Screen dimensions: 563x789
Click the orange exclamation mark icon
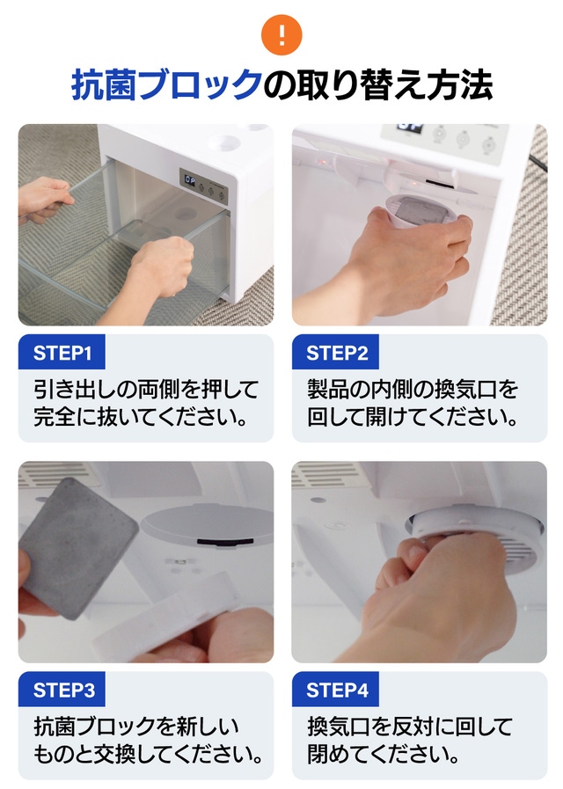(281, 34)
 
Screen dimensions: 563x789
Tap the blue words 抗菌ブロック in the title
(167, 85)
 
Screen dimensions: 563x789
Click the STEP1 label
(62, 353)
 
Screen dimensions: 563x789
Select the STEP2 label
(335, 353)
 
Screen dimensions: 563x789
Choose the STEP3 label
(62, 690)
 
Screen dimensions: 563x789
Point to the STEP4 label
(335, 690)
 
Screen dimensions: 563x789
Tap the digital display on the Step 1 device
(190, 180)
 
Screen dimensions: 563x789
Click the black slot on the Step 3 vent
(225, 542)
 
